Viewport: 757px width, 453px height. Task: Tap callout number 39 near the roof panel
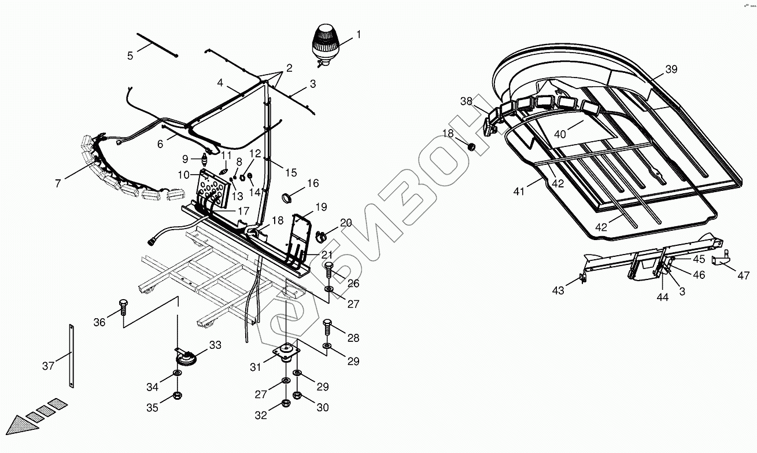tap(671, 69)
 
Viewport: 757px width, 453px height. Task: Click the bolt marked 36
tap(123, 307)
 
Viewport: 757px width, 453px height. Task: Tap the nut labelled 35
tap(178, 396)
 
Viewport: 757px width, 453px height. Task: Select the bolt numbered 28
tap(327, 327)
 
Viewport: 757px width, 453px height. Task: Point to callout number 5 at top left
tap(130, 56)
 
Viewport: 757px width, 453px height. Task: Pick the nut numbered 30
tap(297, 396)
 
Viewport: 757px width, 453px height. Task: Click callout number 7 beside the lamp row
tap(58, 183)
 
